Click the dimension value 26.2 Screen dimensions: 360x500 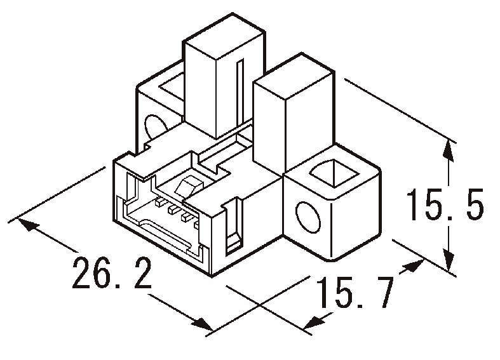pyautogui.click(x=111, y=272)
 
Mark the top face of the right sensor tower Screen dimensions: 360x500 pyautogui.click(x=292, y=83)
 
